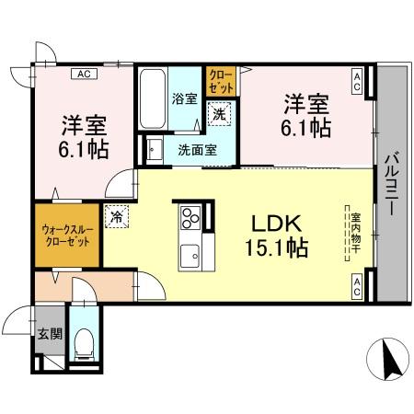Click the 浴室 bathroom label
(x=184, y=98)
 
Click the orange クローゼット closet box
(x=221, y=81)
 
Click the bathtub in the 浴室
(x=153, y=98)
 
